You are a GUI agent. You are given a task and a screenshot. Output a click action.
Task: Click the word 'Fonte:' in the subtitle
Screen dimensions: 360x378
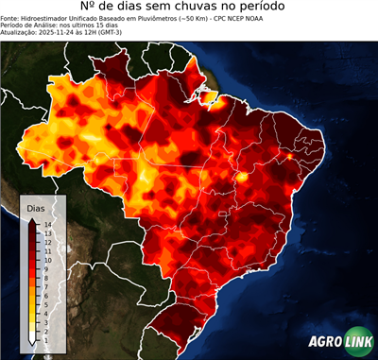click(x=10, y=17)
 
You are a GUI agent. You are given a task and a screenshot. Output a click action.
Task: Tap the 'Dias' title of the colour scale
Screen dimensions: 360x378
click(x=35, y=207)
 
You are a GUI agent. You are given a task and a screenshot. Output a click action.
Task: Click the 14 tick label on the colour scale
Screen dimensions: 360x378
click(x=47, y=224)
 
